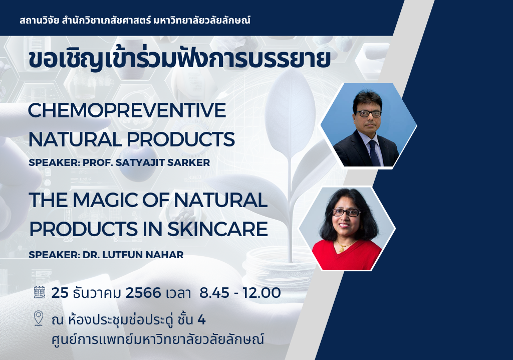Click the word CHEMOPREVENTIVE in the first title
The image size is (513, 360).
[x=127, y=110]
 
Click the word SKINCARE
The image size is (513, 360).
[x=218, y=229]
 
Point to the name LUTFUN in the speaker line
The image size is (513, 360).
[x=121, y=255]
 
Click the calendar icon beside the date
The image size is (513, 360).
[x=40, y=292]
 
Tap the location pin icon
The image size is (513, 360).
[x=39, y=318]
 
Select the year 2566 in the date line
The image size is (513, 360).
[x=143, y=292]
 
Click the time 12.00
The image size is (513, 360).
[x=262, y=292]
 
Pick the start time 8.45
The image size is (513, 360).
[x=214, y=292]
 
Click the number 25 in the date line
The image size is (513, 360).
[x=60, y=292]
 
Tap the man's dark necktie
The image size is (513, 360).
[x=374, y=153]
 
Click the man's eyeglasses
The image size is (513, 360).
[x=368, y=114]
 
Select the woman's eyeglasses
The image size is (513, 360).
[x=346, y=212]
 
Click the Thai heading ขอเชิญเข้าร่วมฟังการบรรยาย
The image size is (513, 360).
[x=179, y=59]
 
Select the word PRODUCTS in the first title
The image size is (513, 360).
[x=180, y=139]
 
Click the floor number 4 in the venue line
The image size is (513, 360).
[x=201, y=320]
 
